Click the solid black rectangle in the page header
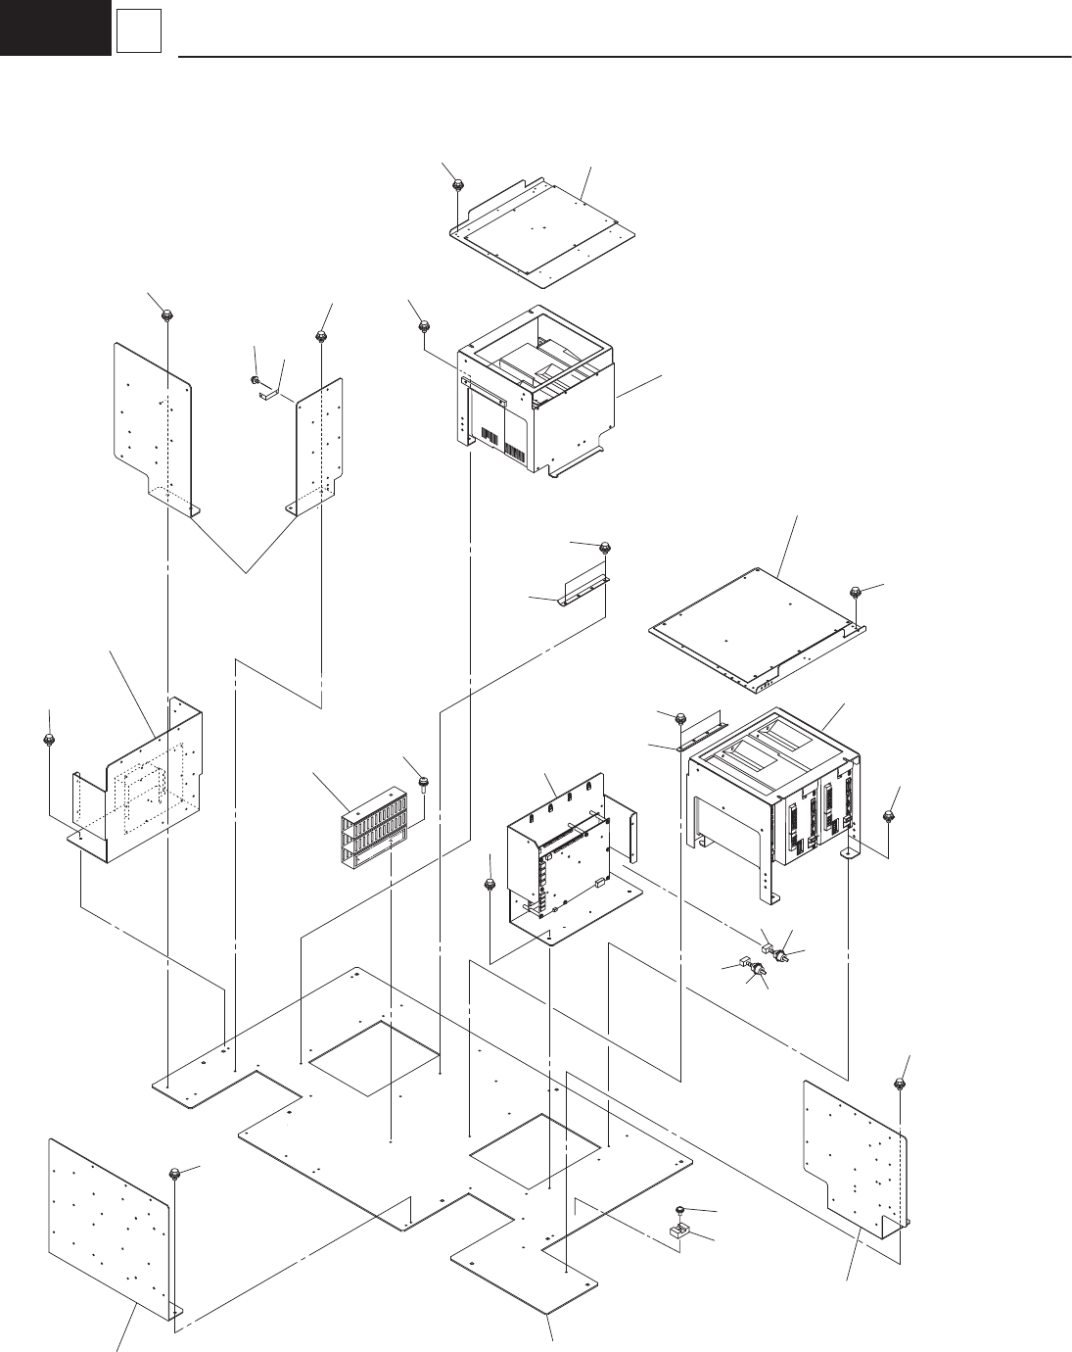[x=55, y=26]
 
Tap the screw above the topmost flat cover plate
[x=457, y=183]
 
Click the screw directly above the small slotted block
[x=680, y=1211]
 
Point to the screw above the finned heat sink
[x=423, y=781]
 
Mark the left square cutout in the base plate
[x=374, y=1059]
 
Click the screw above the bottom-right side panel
[x=899, y=1083]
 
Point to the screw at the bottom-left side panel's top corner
[x=174, y=1174]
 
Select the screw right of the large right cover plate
[x=857, y=592]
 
